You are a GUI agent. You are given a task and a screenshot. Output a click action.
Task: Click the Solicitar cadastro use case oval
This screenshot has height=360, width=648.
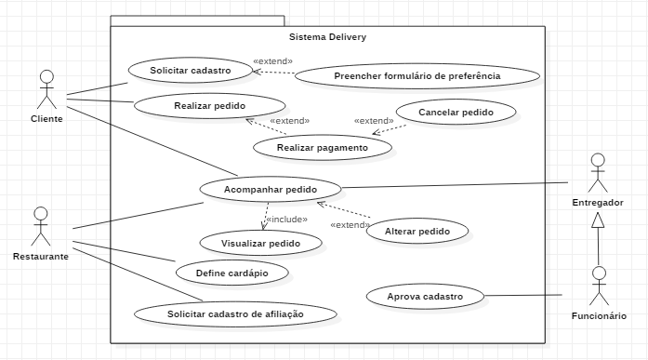point(191,71)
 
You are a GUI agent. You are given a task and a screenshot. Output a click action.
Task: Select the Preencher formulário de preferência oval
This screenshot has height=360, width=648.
point(417,76)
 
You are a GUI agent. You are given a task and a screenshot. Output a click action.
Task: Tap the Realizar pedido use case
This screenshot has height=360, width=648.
point(209,106)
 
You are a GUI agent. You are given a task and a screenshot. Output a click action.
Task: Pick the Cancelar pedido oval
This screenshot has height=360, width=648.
point(456,112)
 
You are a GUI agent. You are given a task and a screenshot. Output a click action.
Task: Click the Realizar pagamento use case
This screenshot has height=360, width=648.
point(323,148)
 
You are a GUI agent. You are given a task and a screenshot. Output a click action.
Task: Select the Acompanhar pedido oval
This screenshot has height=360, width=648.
point(271,189)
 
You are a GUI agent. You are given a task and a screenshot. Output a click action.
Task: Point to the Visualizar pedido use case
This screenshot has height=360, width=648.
point(260,243)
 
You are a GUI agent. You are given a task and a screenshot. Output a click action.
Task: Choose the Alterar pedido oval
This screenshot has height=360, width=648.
point(417,231)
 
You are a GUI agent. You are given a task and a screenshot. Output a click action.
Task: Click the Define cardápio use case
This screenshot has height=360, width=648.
point(231,273)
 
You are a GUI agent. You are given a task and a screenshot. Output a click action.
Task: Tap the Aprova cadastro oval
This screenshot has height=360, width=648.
point(425,297)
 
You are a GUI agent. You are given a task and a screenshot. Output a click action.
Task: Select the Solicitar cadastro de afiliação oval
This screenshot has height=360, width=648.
point(235,314)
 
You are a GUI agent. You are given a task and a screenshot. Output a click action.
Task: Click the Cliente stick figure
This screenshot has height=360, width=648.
point(46,89)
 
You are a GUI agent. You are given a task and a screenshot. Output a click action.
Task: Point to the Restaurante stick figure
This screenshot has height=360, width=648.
point(41,226)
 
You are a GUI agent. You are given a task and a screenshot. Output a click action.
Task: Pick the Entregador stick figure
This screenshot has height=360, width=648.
point(598,173)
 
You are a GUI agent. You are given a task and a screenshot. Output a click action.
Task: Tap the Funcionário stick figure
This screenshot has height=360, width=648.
point(599,286)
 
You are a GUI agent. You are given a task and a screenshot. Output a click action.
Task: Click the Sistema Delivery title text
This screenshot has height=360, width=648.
point(328,37)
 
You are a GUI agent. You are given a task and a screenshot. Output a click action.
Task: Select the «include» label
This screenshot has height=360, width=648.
point(287,220)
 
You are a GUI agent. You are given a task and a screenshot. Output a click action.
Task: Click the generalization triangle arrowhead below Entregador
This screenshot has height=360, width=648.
point(598,220)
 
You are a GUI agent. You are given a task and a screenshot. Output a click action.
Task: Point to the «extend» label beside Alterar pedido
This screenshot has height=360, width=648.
point(350,225)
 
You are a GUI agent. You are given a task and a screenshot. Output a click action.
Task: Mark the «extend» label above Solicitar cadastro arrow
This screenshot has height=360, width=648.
point(272,61)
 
